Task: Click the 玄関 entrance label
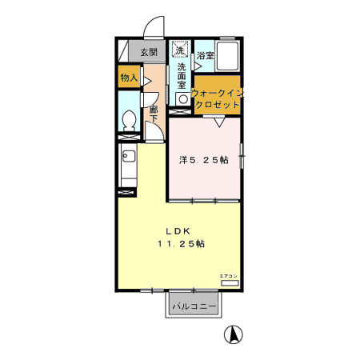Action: click(149, 53)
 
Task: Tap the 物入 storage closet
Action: click(128, 78)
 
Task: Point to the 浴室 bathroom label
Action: click(206, 55)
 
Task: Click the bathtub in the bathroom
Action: click(229, 56)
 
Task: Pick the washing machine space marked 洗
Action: click(180, 50)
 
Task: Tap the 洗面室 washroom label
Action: click(182, 76)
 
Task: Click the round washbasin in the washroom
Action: click(182, 99)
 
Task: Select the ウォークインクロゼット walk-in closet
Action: click(217, 98)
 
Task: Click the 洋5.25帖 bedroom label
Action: click(203, 160)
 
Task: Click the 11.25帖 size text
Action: click(181, 242)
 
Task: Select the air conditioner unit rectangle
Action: click(230, 282)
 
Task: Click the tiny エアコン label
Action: click(230, 274)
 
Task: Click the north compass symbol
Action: click(233, 336)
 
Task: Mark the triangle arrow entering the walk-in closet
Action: click(218, 121)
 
